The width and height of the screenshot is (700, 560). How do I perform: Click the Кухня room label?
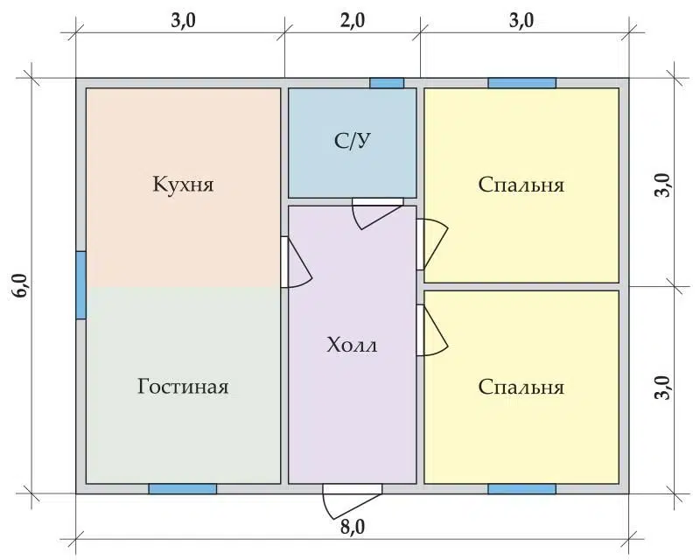pos(183,184)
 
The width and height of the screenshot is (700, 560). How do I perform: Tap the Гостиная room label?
pos(183,386)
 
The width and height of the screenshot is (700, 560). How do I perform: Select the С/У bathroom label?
pos(353,141)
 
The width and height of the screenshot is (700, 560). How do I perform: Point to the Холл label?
pos(352,346)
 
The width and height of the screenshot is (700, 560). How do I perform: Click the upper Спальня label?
pos(521,185)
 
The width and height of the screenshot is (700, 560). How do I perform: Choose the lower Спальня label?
pos(521,387)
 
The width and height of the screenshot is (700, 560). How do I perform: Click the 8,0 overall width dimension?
pos(353,527)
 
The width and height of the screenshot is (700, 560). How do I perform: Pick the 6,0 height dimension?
pos(23,286)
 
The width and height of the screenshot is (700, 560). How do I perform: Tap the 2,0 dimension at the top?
pos(353,20)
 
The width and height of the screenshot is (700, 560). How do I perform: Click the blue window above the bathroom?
pos(387,83)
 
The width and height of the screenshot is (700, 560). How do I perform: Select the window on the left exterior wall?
pos(80,285)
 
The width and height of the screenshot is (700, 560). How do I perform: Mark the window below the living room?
pos(183,489)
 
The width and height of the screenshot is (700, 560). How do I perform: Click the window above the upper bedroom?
pos(521,83)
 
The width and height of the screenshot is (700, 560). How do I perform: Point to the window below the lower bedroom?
pos(521,489)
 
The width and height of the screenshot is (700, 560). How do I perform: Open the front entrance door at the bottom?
pos(353,501)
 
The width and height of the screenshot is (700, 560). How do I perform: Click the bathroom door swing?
pos(377,213)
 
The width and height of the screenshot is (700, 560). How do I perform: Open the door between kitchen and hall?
pos(296,262)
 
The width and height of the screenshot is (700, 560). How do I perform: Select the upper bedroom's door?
pos(431,244)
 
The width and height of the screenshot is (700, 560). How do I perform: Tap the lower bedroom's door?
pos(431,330)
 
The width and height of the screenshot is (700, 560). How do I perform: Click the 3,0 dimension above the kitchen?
pos(183,20)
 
